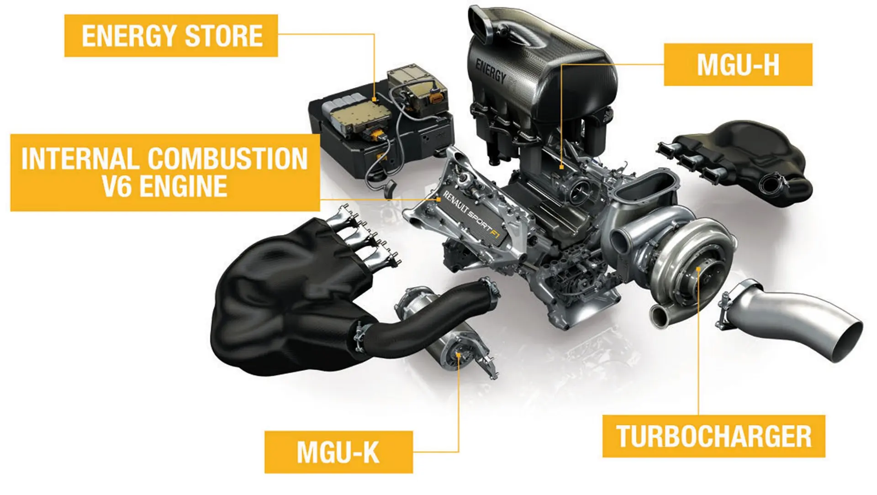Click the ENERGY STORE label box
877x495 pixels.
click(x=171, y=36)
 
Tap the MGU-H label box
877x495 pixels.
click(x=738, y=64)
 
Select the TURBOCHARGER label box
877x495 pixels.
click(x=713, y=436)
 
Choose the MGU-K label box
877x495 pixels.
click(x=338, y=452)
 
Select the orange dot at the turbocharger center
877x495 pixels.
click(x=698, y=269)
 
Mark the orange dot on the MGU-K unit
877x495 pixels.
click(x=458, y=354)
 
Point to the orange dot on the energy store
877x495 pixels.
click(x=374, y=99)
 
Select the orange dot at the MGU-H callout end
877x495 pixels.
click(x=561, y=167)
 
